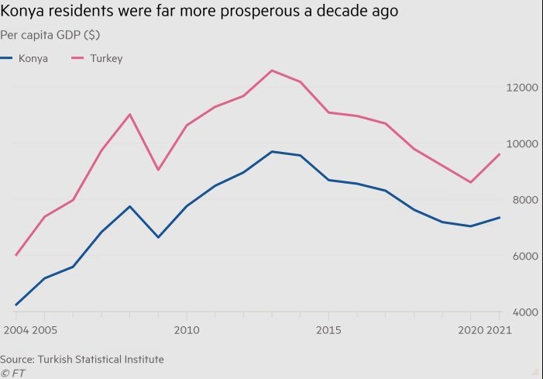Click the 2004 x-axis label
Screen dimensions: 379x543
click(15, 329)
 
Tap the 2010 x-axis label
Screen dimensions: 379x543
click(186, 329)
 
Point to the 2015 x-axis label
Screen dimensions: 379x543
click(328, 329)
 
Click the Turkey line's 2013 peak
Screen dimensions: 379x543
click(271, 71)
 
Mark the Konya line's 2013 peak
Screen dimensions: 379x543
click(271, 151)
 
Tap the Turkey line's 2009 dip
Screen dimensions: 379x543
click(158, 170)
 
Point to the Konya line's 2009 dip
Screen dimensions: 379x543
click(158, 237)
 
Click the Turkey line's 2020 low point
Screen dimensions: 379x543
click(471, 182)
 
